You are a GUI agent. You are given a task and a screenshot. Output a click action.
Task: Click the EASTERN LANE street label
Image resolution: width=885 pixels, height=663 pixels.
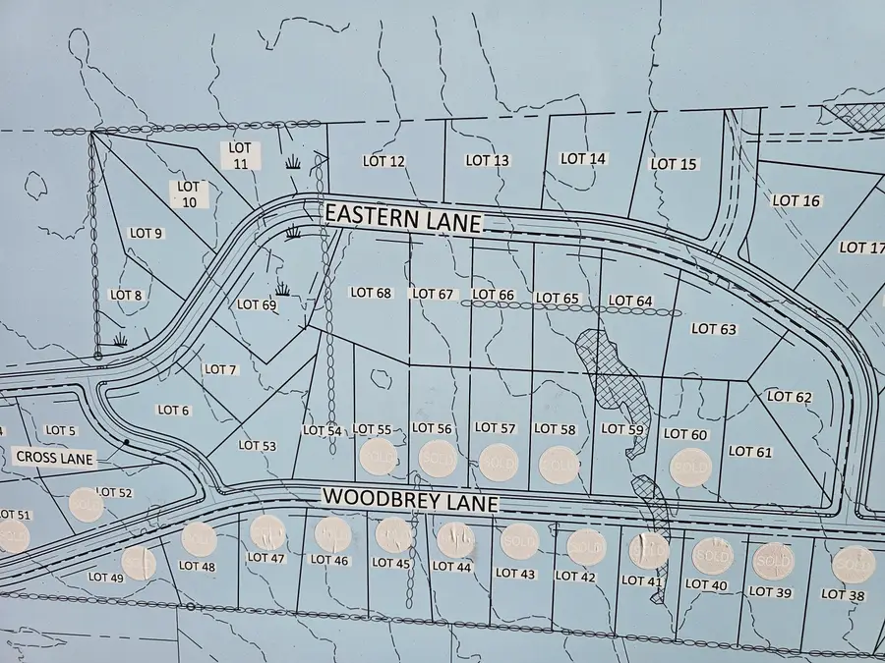coord(403,217)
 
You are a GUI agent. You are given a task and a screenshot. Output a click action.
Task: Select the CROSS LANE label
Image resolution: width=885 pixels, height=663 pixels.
coord(54,458)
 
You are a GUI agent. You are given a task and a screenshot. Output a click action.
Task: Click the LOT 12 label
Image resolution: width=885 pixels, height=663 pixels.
coord(383,161)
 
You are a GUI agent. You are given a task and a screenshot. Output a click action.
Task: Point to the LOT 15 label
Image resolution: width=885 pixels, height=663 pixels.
coord(675,164)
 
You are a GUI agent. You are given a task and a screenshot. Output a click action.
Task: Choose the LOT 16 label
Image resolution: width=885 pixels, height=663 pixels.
coord(796,200)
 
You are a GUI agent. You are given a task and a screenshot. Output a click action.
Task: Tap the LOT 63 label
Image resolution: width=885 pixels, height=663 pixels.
coord(714,329)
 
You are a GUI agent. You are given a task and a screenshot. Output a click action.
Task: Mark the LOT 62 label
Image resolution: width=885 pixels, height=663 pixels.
coord(790,397)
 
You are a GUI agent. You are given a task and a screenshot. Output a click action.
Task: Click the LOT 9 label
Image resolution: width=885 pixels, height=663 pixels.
coord(146,234)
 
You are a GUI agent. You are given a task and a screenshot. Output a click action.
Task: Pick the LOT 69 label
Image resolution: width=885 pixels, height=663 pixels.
coord(257,305)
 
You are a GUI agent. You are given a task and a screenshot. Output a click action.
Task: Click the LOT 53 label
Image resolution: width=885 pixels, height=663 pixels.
coord(258,446)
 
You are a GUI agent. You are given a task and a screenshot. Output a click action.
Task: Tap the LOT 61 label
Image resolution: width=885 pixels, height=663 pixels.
coord(751,452)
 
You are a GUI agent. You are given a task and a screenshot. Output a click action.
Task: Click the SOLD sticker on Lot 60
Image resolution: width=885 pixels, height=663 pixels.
coord(689,468)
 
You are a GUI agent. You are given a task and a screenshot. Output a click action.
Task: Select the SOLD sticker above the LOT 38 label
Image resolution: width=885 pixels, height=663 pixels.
coord(853,564)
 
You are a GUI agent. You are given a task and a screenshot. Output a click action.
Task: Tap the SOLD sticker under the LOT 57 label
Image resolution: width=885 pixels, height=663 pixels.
coord(499,462)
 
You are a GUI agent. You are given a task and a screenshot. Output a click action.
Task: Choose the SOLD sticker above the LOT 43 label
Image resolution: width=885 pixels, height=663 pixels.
coord(519,541)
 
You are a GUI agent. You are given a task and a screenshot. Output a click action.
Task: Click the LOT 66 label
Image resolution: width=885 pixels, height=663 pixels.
coord(494,295)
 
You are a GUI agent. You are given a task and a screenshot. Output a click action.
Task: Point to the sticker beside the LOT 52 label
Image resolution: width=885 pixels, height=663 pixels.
coord(87,505)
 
